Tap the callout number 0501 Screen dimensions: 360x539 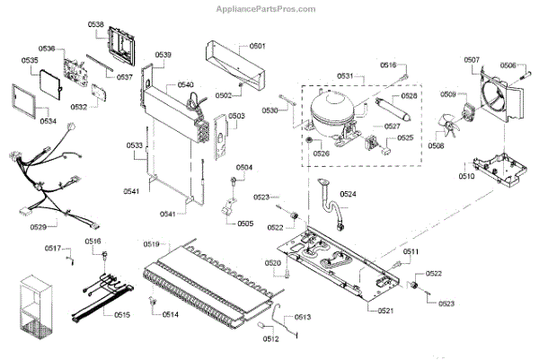tap(258, 45)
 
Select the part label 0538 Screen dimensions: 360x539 tap(96, 25)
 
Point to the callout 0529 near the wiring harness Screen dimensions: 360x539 tap(39, 227)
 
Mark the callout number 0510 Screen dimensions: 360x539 tap(466, 177)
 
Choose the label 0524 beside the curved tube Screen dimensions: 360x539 tap(348, 195)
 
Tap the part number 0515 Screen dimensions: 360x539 tap(121, 314)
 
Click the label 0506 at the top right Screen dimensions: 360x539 tap(508, 65)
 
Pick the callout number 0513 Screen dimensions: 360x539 tap(302, 318)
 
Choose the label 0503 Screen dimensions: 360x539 tap(236, 116)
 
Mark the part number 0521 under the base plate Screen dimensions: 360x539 tap(385, 311)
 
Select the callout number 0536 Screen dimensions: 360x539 tap(47, 48)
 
